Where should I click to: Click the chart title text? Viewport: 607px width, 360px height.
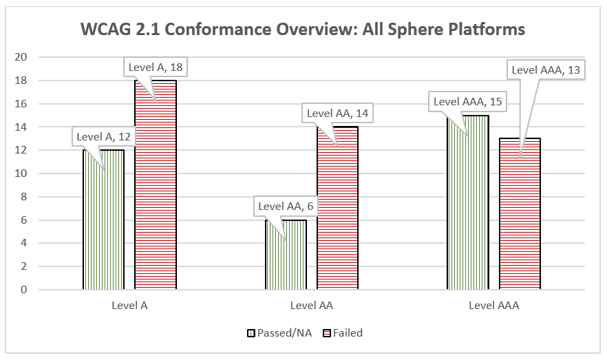point(303,30)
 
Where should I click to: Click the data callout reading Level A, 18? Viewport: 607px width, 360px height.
point(158,67)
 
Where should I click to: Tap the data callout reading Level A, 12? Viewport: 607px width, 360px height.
point(103,136)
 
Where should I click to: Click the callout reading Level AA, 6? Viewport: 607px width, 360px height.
point(285,206)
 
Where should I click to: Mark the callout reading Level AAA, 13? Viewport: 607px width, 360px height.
point(546,70)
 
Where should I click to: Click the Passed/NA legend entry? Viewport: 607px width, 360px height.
point(279,333)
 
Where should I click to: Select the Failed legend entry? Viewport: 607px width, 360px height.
point(342,333)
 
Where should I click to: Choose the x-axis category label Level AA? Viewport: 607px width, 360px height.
point(311,306)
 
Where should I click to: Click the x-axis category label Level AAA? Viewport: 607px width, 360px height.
point(493,306)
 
